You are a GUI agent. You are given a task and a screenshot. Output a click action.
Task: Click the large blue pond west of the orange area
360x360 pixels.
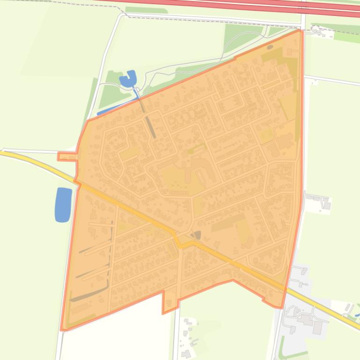(63, 204)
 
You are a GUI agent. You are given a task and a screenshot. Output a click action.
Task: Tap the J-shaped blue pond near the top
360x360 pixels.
(128, 80)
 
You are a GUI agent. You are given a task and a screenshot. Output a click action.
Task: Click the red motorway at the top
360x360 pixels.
(234, 5)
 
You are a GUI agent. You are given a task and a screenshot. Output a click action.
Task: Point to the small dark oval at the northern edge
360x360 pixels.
(270, 47)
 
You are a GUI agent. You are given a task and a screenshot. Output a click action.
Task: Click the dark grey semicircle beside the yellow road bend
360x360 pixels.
(196, 235)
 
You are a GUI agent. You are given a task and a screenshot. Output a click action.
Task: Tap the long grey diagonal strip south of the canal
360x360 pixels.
(150, 127)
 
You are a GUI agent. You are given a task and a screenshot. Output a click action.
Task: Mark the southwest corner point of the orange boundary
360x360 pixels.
(62, 330)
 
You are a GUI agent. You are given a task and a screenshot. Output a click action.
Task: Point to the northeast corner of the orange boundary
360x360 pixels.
(300, 30)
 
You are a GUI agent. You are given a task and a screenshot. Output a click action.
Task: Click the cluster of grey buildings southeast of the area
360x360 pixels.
(307, 320)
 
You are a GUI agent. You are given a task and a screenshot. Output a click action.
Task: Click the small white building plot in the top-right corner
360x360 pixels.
(323, 33)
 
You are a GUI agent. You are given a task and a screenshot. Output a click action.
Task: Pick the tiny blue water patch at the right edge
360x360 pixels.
(357, 315)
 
